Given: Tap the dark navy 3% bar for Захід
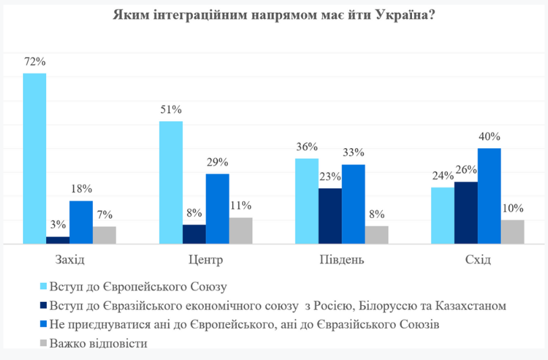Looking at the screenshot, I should pos(58,240).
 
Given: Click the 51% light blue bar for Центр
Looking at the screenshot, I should pos(170,182).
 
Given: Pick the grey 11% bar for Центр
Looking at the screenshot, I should pos(241,230).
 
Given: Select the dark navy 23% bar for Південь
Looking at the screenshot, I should pos(330,215).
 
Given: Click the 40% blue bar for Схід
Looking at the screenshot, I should pos(489,196).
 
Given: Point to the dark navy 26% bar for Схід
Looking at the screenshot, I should pos(466,212).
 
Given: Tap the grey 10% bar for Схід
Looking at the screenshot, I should pos(513,231).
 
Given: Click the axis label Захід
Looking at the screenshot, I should pos(69,260).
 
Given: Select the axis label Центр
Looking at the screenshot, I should pos(205,260).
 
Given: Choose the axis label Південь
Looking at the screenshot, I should pos(342,260).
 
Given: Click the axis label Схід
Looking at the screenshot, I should pos(478,260).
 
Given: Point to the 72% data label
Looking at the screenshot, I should pos(35,62).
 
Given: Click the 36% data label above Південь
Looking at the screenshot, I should pos(306,147).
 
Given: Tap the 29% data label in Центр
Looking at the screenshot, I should pos(217,162).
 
